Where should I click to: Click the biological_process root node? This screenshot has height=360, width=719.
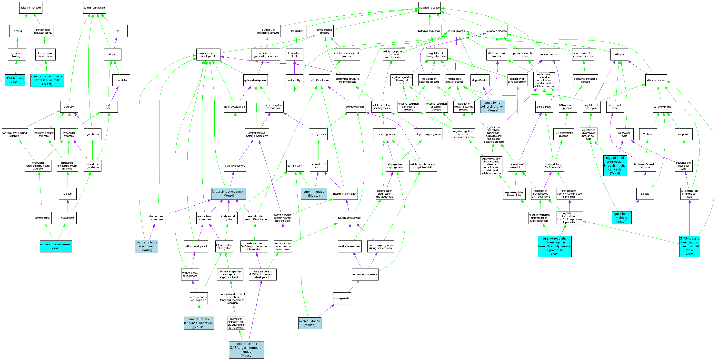coord(429,8)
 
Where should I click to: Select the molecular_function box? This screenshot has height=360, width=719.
coord(30,8)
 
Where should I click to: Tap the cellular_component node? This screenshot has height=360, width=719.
coord(94,8)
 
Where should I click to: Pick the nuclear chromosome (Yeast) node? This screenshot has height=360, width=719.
coord(56,246)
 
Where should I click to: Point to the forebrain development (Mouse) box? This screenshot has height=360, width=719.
coord(228,193)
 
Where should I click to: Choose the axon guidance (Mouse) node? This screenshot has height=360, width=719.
coord(310,323)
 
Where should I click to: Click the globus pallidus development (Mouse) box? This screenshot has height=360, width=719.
coord(146,246)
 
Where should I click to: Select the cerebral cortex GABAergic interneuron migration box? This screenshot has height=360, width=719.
coord(247,350)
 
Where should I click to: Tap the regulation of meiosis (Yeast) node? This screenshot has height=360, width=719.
coord(621,217)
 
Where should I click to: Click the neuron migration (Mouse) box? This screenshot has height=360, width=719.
coord(314,193)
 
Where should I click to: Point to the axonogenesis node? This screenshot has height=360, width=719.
coord(342,298)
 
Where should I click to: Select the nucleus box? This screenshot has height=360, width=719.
coord(67,194)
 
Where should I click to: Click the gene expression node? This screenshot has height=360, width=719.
coord(549,54)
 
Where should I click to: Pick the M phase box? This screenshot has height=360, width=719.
coord(648,134)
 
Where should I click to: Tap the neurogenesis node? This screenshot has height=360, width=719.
coord(318,134)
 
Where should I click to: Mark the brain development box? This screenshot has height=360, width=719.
coord(234,166)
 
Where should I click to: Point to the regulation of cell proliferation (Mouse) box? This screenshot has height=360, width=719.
coord(492,106)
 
